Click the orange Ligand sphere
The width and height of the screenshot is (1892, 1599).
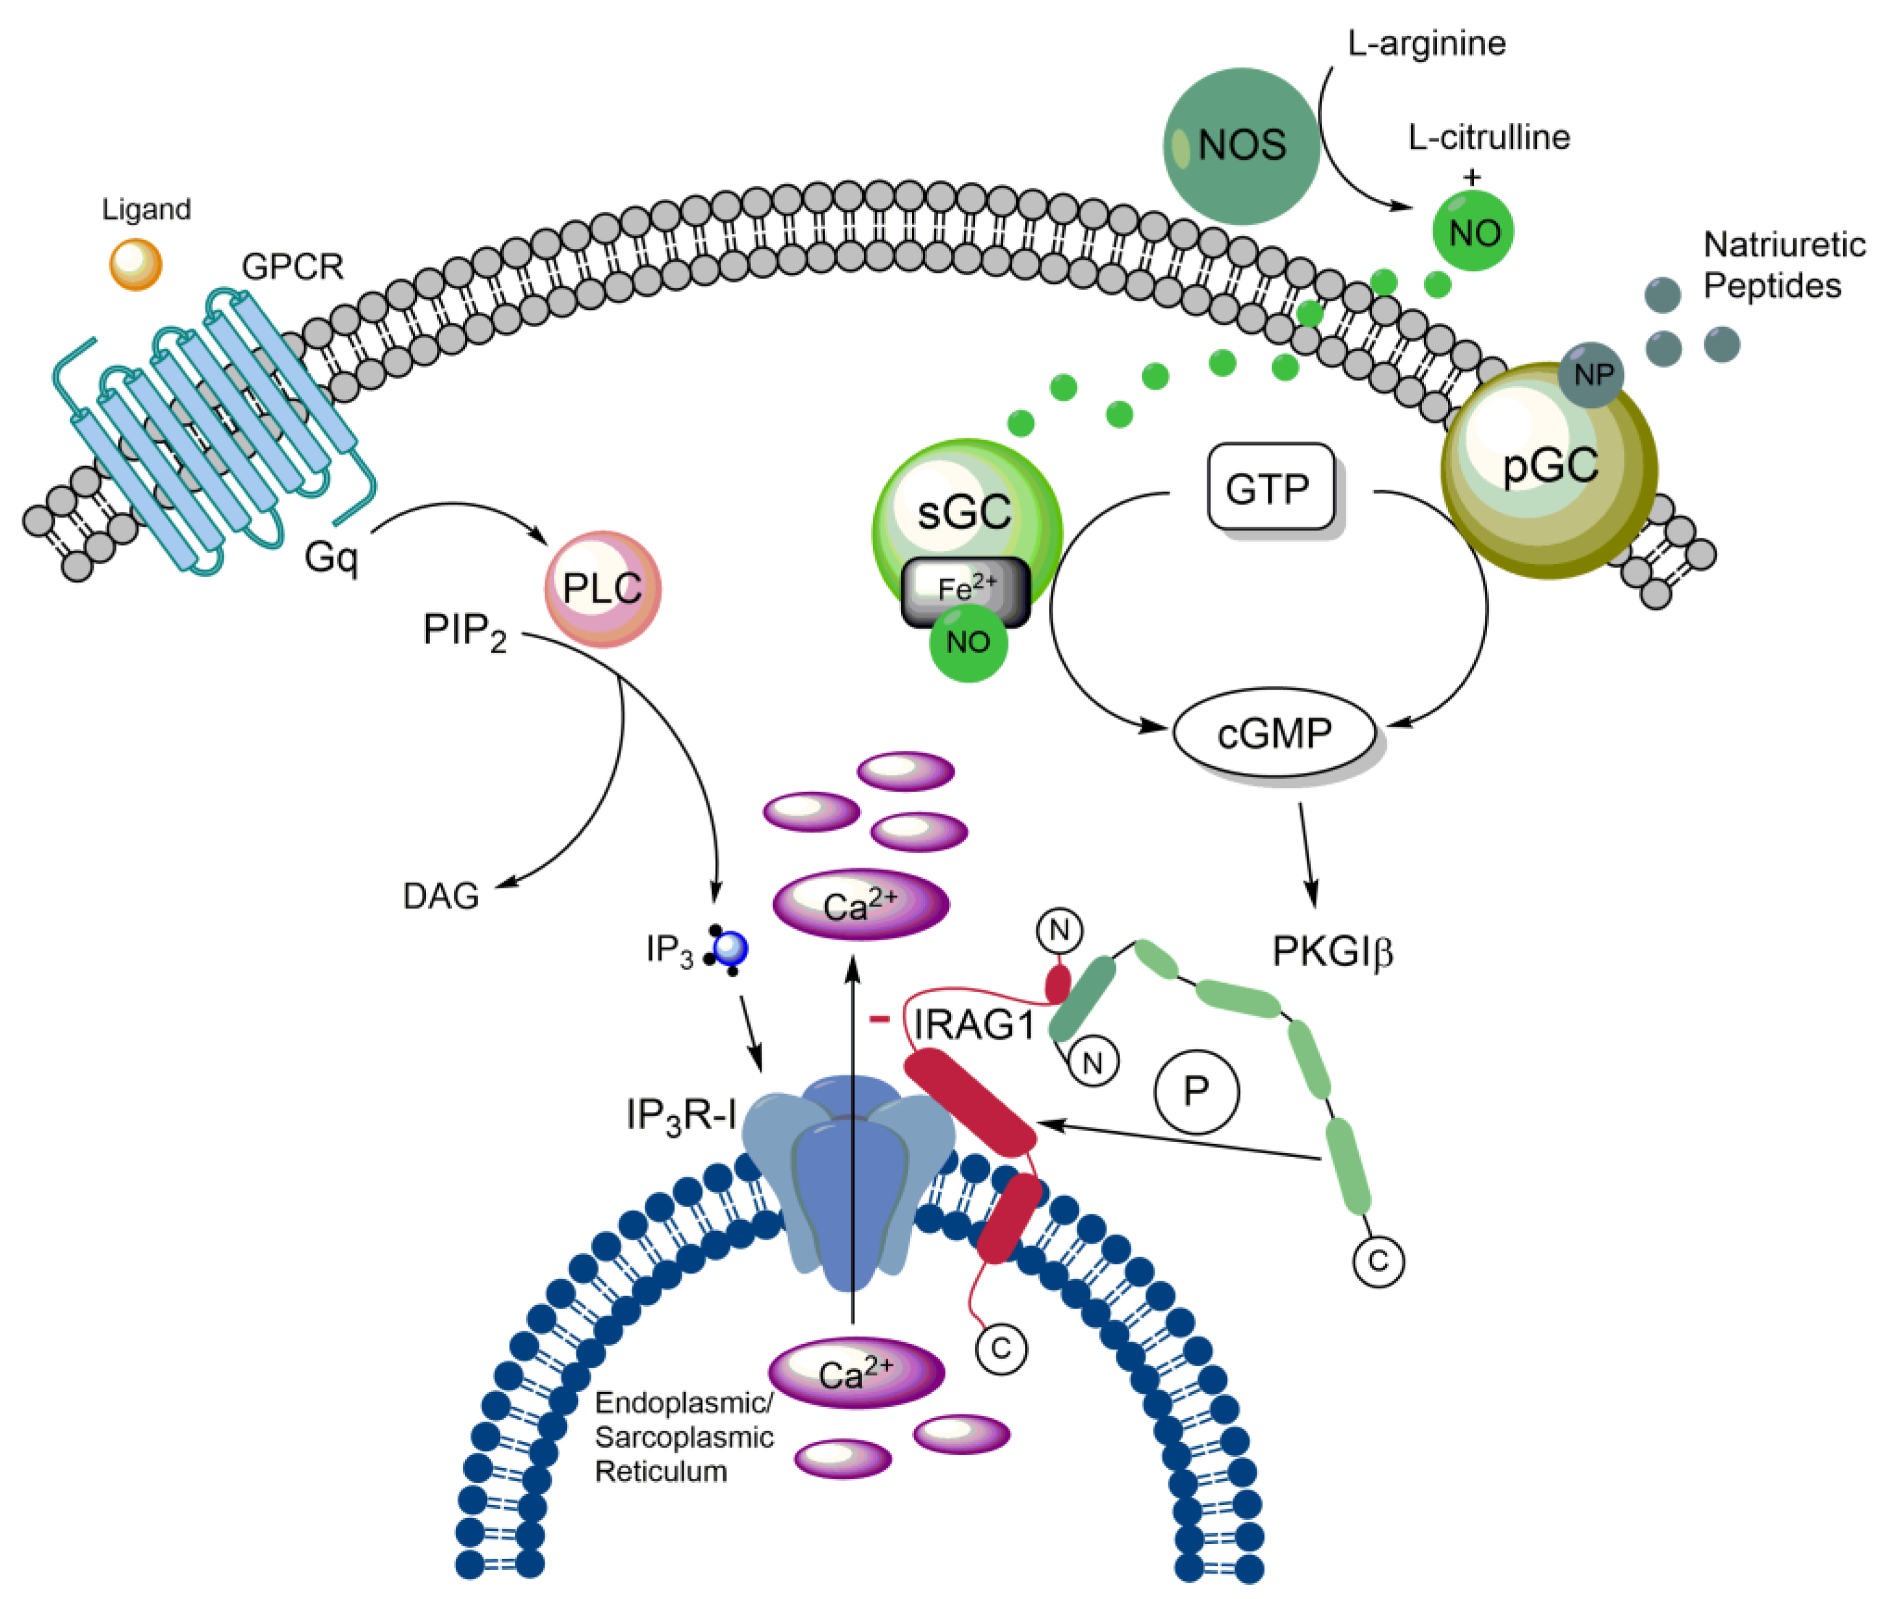(135, 264)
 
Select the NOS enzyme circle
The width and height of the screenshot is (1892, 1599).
(1241, 146)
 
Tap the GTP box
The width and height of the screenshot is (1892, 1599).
(1270, 488)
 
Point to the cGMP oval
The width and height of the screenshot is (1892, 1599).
(1274, 732)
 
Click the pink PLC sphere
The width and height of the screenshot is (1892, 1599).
(602, 588)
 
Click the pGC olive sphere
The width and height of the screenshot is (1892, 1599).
(1549, 470)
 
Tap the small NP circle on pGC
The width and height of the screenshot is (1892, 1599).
(1592, 374)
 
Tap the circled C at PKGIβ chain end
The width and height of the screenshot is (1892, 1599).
(1378, 1261)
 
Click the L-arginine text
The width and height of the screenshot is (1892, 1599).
(1426, 43)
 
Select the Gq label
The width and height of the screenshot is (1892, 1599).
(331, 556)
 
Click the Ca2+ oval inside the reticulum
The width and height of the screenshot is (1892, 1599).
(856, 1373)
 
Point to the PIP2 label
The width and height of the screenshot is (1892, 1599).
(464, 631)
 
